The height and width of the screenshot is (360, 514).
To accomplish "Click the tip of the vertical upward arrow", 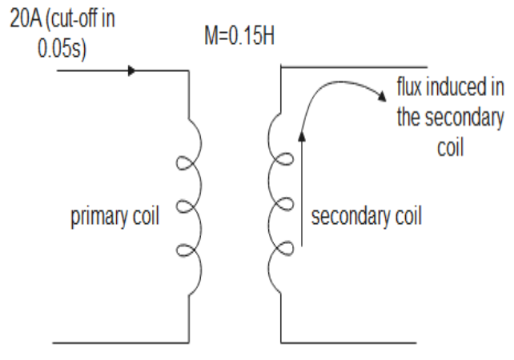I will [302, 132].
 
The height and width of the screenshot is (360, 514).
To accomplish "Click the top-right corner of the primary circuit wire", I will [188, 70].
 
